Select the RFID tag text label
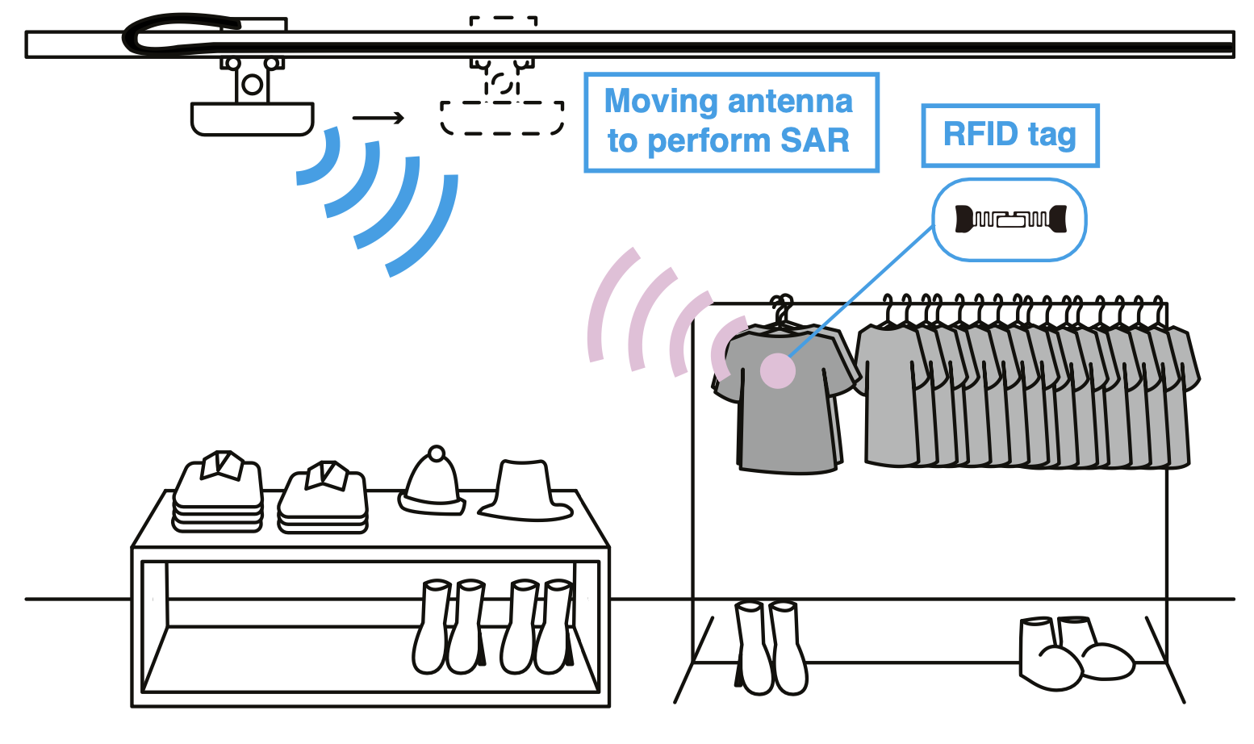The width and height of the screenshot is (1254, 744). click(x=1009, y=135)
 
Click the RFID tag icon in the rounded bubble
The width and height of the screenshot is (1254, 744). click(x=1010, y=219)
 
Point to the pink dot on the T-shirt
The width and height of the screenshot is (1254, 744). click(x=778, y=371)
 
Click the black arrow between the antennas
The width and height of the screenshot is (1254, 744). click(x=378, y=119)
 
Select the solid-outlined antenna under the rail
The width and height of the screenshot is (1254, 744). click(x=252, y=118)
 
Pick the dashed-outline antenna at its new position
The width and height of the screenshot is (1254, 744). click(x=501, y=118)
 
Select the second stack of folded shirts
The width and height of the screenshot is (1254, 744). click(x=324, y=498)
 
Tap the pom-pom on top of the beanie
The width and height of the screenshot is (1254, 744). click(x=437, y=454)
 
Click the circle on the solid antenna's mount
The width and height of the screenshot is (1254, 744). click(x=253, y=84)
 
